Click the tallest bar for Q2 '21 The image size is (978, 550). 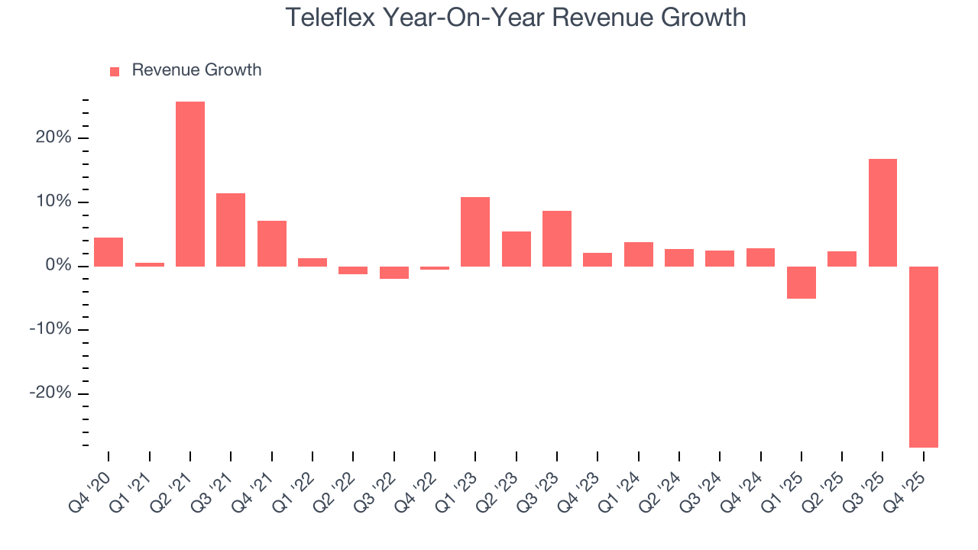(x=190, y=184)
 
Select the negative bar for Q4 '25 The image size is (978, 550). (x=923, y=357)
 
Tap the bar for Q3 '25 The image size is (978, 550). (x=882, y=212)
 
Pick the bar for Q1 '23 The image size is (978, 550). (x=475, y=231)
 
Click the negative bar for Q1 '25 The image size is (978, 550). (x=801, y=283)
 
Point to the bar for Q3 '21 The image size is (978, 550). (x=231, y=230)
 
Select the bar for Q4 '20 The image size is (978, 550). (x=108, y=252)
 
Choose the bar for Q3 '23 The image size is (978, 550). (x=557, y=238)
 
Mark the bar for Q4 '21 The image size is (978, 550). (x=272, y=244)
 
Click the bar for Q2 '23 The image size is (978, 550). (x=517, y=249)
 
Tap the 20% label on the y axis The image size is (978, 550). (x=53, y=138)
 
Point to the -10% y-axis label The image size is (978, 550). (x=50, y=330)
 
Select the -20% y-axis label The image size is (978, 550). (x=50, y=393)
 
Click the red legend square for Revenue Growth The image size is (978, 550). (x=115, y=71)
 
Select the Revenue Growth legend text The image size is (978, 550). (x=196, y=70)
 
